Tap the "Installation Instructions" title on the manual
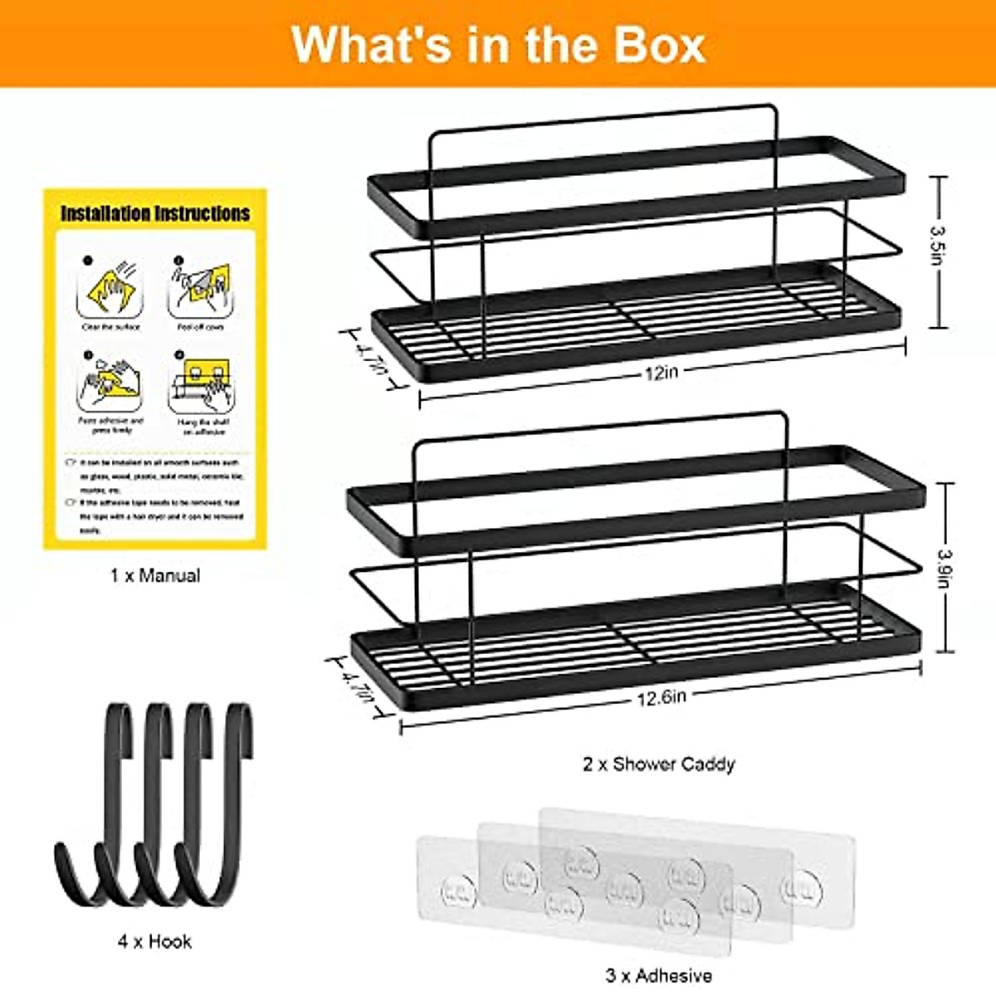click(155, 214)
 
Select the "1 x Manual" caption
click(155, 575)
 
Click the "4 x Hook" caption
click(154, 941)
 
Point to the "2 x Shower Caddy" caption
click(658, 764)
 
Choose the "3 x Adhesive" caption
click(658, 975)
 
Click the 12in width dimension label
click(662, 373)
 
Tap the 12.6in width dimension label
click(662, 698)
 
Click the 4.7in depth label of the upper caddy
click(370, 358)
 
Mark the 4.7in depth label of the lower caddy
click(357, 686)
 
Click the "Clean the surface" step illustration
click(110, 290)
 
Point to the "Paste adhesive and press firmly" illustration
click(110, 384)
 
